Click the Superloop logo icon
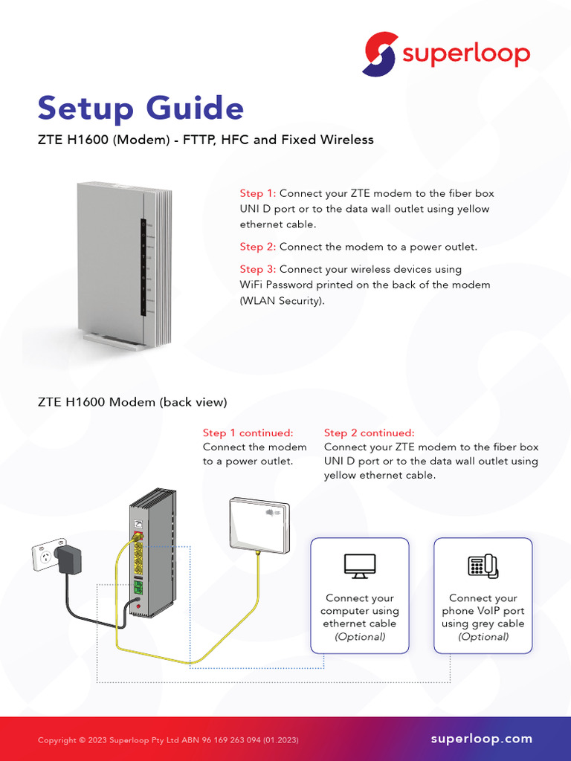coord(380,54)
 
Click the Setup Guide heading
coord(141,108)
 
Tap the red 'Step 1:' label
coord(257,193)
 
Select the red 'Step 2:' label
coord(257,247)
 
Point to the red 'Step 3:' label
coord(257,269)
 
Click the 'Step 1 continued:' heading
coord(248,433)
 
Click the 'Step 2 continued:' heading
coord(369,433)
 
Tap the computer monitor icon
coord(360,566)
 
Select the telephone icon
coord(483,566)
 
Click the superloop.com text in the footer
coord(482,739)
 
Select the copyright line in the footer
coord(169,740)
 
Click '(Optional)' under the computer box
coord(360,637)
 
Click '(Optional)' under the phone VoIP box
coord(483,637)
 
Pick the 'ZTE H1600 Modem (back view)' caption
coord(132,402)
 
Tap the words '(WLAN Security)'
coord(282,300)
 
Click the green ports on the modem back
coord(138,589)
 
